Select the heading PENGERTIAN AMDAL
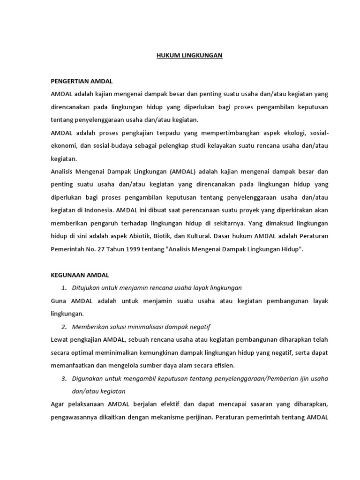[x=82, y=81]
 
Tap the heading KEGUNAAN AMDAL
[x=80, y=275]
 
